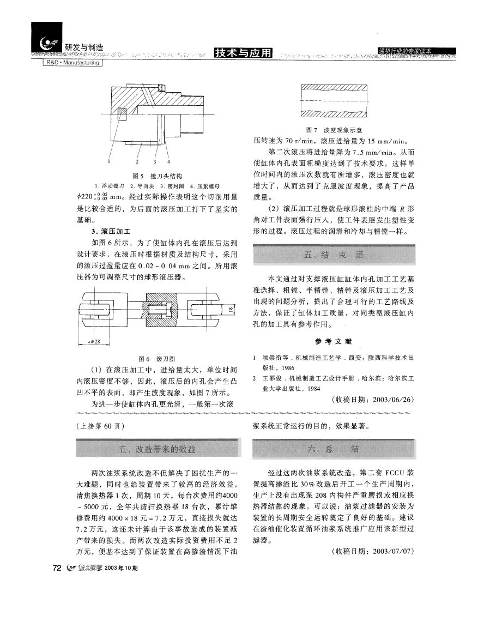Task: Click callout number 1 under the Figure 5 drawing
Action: click(108, 161)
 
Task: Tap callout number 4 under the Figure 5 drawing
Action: click(168, 161)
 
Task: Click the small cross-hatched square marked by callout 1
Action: click(122, 114)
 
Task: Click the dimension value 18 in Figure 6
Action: click(231, 310)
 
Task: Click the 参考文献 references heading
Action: click(334, 342)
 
